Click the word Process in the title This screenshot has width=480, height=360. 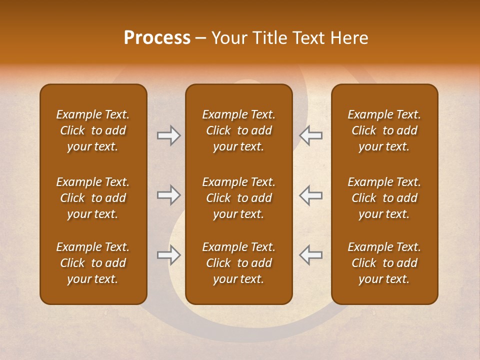157,38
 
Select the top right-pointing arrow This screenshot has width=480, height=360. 168,135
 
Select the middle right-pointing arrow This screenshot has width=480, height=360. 168,195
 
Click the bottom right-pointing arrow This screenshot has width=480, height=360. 168,255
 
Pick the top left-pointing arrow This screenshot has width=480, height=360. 310,135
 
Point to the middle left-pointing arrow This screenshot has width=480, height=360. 310,195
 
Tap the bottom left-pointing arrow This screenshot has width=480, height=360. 310,255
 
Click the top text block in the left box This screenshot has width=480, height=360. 93,130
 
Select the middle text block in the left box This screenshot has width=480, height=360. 93,198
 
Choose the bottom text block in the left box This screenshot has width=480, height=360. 93,263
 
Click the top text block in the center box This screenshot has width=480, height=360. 238,130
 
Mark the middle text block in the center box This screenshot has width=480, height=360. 238,198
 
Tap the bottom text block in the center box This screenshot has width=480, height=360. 238,263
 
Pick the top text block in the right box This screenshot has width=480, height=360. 384,130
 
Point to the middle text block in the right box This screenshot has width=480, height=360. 384,198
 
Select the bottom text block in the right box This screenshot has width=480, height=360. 384,263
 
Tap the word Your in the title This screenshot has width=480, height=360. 227,38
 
